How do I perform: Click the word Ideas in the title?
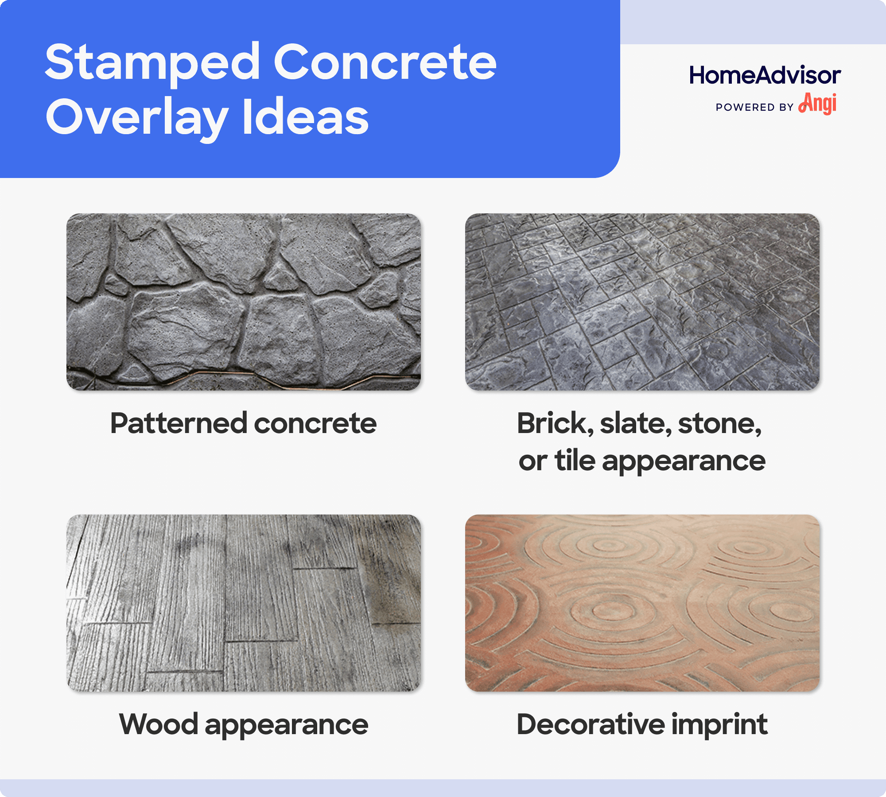click(306, 117)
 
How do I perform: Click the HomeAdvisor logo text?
click(765, 75)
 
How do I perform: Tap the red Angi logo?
click(818, 104)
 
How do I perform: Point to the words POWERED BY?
click(754, 107)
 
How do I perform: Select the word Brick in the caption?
click(555, 423)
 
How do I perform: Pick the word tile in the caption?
click(575, 460)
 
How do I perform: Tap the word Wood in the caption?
click(158, 724)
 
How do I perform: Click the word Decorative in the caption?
click(591, 724)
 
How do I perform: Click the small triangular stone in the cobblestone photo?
click(278, 277)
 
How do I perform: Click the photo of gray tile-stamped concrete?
click(642, 302)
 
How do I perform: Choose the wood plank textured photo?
click(244, 603)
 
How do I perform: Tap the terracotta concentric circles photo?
click(642, 603)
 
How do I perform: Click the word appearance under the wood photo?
click(286, 725)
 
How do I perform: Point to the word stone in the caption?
click(719, 423)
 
